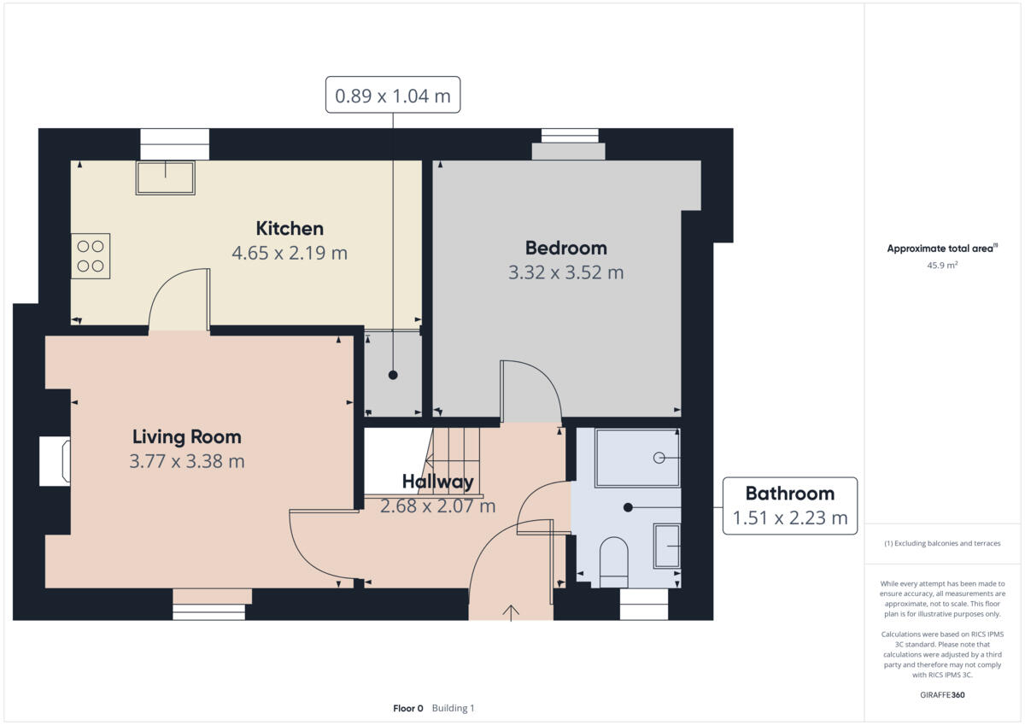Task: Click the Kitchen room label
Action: (290, 229)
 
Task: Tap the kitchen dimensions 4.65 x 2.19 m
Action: (290, 254)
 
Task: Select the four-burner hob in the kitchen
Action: (91, 256)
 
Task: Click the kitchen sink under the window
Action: (165, 178)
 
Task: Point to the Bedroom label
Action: (565, 248)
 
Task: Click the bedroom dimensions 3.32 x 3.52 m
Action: (565, 273)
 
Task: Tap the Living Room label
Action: (186, 437)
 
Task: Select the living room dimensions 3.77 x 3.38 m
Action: (186, 462)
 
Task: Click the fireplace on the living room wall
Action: (56, 461)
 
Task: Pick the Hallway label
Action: (437, 482)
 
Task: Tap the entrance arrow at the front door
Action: (511, 611)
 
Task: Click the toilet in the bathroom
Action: (614, 560)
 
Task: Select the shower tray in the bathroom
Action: (637, 458)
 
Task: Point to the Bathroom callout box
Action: (789, 506)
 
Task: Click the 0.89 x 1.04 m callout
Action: (392, 95)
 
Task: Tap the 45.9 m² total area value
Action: (943, 266)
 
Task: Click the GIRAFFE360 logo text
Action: (943, 695)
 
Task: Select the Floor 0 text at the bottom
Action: (407, 709)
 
